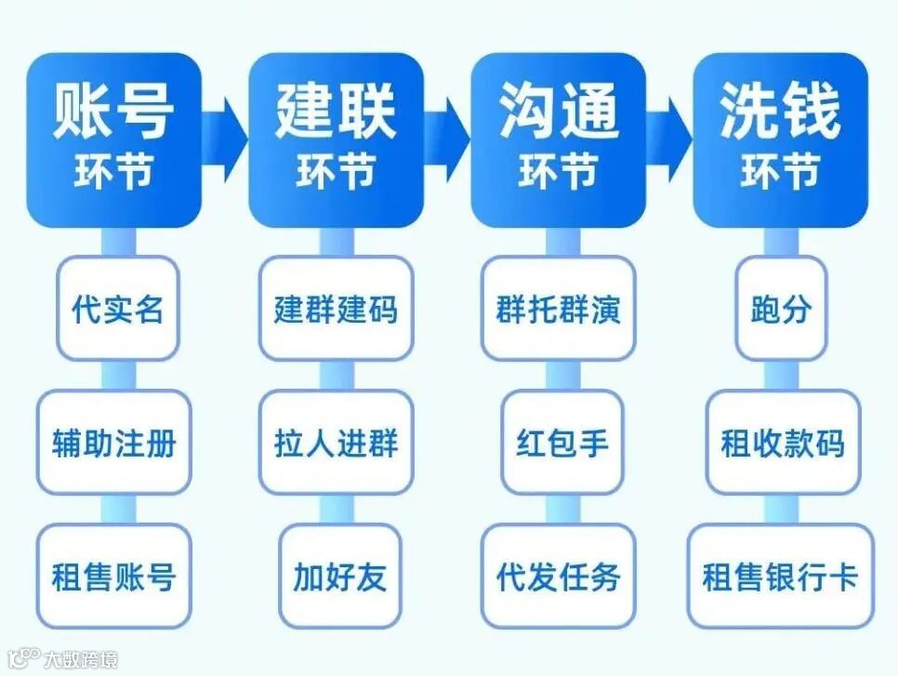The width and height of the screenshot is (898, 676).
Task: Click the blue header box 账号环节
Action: point(113,139)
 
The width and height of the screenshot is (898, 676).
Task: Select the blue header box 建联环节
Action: point(336,139)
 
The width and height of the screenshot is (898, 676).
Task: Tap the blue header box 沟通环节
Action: point(558,139)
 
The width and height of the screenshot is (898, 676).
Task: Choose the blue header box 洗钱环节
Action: point(780,139)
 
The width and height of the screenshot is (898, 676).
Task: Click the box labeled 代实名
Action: point(117,309)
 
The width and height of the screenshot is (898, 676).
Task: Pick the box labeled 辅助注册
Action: point(113,443)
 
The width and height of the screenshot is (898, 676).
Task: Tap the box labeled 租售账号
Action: point(113,577)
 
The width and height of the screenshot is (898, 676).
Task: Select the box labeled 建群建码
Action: point(336,309)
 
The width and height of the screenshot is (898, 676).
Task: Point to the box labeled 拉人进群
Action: point(336,443)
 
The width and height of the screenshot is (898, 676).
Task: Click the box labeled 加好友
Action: point(339,577)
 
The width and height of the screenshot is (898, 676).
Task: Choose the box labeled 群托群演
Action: point(558,309)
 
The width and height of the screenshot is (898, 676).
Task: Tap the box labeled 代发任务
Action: point(558,577)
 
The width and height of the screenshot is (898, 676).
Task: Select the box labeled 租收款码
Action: point(783,443)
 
